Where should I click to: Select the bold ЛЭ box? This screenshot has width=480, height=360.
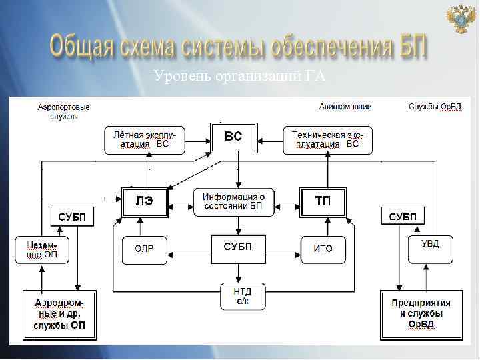[144, 201]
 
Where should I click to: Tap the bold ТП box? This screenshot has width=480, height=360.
[323, 201]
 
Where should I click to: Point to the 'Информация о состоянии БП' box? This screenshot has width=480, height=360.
[234, 202]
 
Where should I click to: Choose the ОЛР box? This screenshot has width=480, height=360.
[144, 249]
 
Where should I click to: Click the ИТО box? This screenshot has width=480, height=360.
[323, 249]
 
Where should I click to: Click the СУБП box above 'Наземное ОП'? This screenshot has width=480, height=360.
[71, 217]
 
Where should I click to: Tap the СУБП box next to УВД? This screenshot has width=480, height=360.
[403, 216]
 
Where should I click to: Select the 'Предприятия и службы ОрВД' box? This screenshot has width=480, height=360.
[421, 314]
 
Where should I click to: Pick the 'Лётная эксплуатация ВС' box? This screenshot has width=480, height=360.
[145, 139]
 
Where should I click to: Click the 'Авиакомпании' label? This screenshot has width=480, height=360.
[345, 107]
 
